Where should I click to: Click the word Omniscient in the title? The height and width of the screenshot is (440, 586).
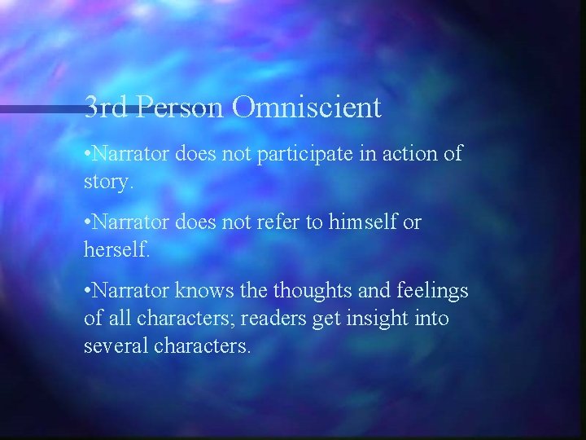click(307, 108)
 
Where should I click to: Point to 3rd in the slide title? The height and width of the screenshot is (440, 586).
click(107, 108)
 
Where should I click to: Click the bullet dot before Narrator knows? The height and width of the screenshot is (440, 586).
click(88, 292)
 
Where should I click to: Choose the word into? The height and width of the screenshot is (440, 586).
click(432, 319)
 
